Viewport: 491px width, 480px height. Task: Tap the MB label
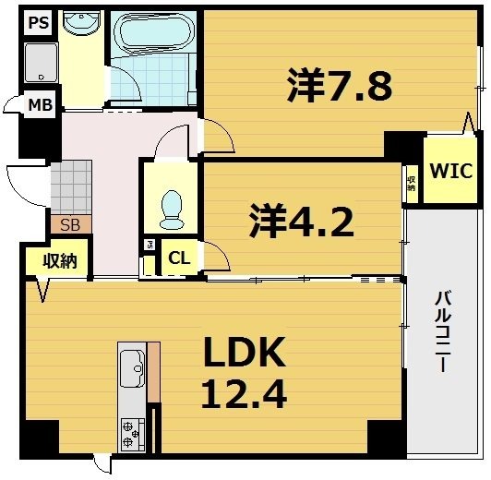point(39,104)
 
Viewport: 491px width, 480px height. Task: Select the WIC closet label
point(450,171)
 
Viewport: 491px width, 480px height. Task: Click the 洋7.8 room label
point(340,88)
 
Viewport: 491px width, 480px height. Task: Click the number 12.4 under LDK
point(244,394)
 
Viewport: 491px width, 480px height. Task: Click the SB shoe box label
point(69,224)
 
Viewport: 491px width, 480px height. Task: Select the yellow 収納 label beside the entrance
point(59,261)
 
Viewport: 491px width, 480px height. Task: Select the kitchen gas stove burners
point(131,432)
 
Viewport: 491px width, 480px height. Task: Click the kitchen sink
point(131,369)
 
